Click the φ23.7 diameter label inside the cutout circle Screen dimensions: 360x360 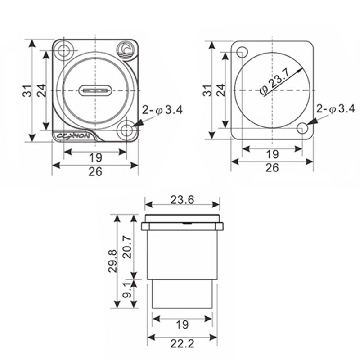point(281,81)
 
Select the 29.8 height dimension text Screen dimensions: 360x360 point(112,261)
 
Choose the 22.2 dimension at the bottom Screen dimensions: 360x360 point(182,344)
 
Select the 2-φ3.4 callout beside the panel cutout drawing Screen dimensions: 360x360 point(336,108)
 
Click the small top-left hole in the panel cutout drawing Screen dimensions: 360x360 point(242,51)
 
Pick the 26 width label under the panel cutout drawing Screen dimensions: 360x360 point(272,167)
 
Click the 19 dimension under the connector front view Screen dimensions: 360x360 point(95,157)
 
